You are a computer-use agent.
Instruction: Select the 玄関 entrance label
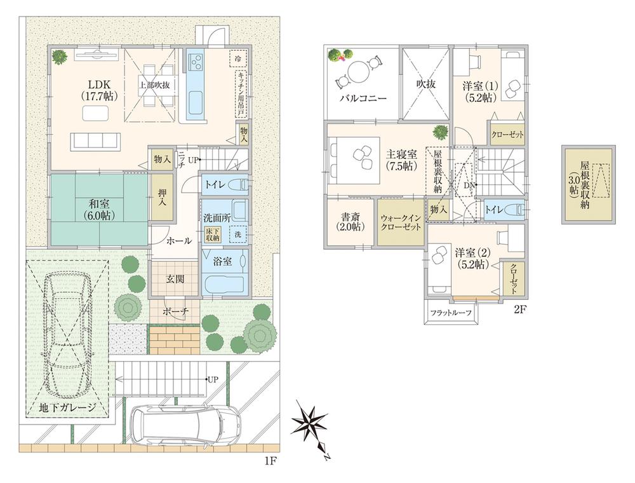pos(174,278)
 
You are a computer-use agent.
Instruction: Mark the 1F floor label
pos(271,459)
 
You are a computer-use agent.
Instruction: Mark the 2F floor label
pos(521,311)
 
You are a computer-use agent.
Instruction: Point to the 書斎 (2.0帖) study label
pos(351,221)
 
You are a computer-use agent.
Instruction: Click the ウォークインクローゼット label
pos(401,222)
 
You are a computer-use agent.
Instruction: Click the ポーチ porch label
pos(175,312)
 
